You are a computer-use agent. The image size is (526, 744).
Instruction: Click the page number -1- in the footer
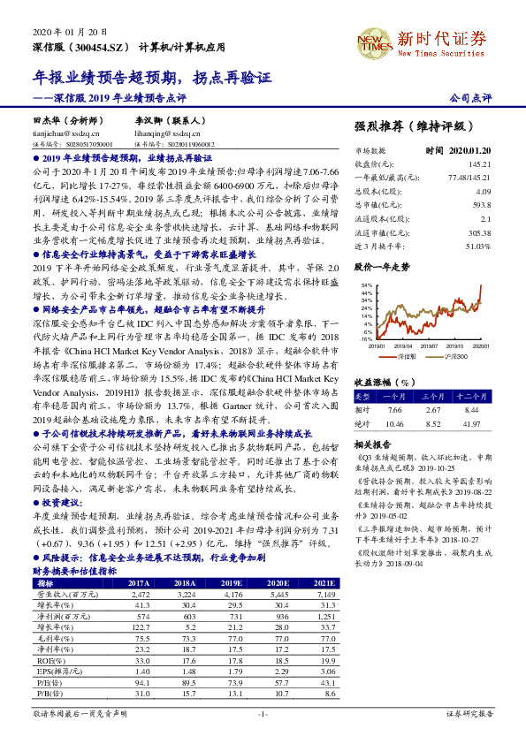tap(262, 712)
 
